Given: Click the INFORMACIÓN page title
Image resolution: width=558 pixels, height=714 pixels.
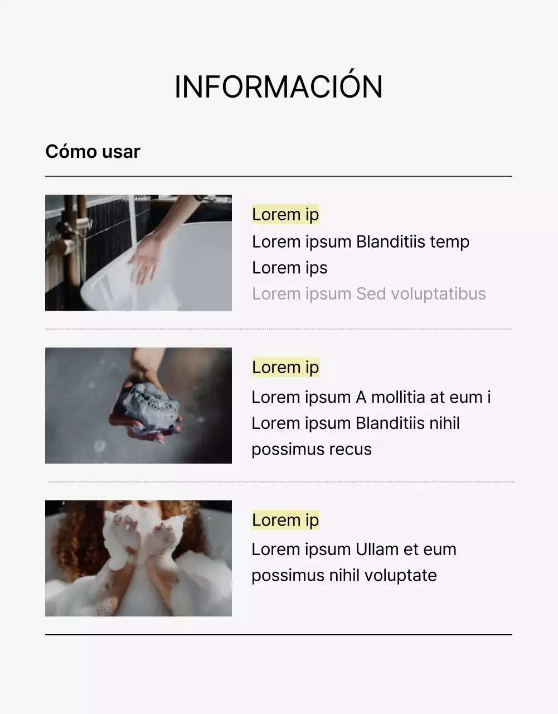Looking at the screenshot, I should point(278,87).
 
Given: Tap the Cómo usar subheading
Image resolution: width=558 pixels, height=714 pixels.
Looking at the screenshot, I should point(93,152).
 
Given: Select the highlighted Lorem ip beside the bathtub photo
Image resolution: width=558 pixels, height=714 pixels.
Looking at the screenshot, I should point(285,214).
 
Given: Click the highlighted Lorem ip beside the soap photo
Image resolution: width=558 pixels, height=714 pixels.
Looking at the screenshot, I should point(285,367).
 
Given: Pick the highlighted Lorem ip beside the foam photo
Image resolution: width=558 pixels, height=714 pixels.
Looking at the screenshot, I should point(285,520).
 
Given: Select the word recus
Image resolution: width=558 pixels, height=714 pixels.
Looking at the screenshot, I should point(348,450).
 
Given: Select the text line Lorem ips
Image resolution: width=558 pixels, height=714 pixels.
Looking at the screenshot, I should point(289,268).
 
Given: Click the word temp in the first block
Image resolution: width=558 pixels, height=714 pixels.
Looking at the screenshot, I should point(449,242).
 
